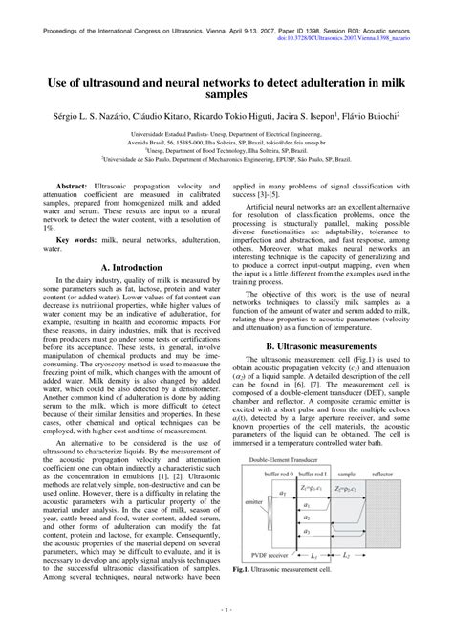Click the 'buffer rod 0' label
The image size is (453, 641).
278,500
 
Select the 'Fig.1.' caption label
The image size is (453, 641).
243,594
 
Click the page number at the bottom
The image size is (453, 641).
226,631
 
